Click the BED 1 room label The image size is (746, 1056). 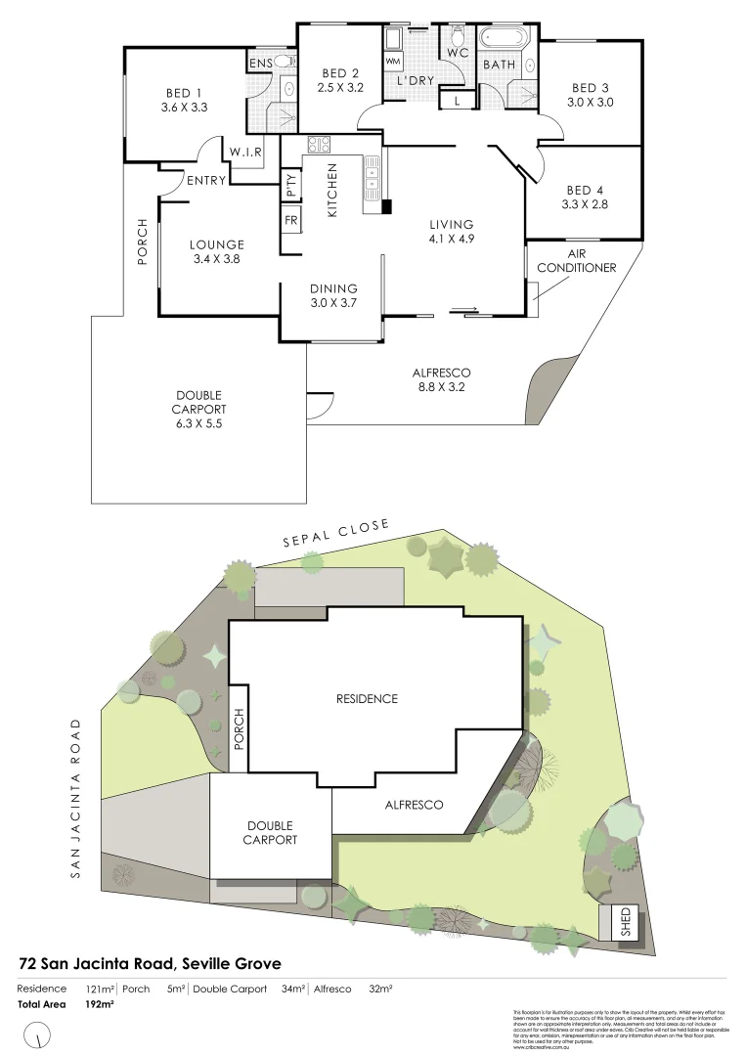click(184, 95)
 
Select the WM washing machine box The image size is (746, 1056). click(393, 61)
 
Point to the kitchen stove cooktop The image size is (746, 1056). click(319, 145)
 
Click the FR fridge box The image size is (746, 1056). click(290, 220)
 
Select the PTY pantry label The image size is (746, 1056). click(290, 184)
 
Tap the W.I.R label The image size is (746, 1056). click(243, 152)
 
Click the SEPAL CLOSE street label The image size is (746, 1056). click(335, 535)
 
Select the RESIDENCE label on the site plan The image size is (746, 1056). click(367, 698)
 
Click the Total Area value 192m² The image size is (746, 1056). click(101, 1004)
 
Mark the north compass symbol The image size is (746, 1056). click(38, 1033)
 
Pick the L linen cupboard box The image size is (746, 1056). click(457, 99)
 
